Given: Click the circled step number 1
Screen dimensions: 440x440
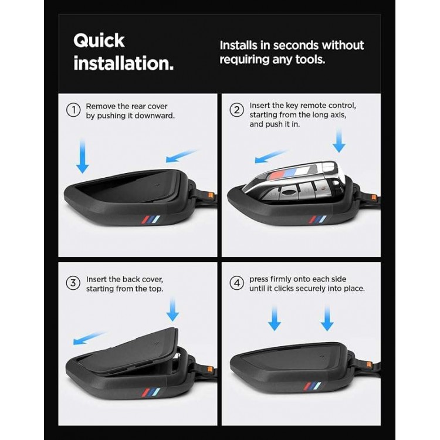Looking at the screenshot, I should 73,110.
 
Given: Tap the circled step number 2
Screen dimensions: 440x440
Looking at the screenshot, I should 236,110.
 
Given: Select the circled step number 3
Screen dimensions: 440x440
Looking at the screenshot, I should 73,283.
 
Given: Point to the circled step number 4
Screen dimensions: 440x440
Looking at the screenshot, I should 236,283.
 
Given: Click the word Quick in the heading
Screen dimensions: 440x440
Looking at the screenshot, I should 99,41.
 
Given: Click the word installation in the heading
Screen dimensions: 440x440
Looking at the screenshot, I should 123,63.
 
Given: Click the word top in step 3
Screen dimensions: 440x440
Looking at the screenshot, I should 155,289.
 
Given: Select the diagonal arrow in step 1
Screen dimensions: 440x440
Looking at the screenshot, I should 182,155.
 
